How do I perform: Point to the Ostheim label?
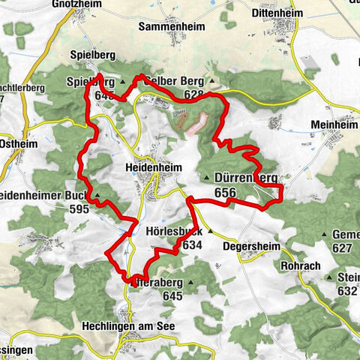click(x=16, y=142)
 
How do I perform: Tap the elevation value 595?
click(x=80, y=209)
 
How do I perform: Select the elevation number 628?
click(x=193, y=94)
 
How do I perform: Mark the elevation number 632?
click(x=347, y=291)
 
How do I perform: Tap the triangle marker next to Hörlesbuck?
click(x=211, y=232)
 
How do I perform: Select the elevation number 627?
click(x=342, y=248)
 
